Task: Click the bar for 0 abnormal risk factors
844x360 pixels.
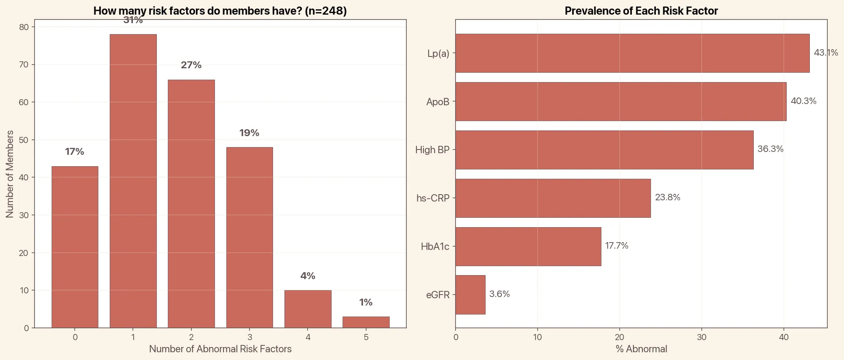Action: click(x=75, y=247)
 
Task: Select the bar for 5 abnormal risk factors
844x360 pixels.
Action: click(x=366, y=322)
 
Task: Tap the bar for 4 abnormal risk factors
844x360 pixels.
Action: click(x=308, y=309)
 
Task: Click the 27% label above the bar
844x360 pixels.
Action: click(x=191, y=65)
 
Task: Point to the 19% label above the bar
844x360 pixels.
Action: click(x=249, y=133)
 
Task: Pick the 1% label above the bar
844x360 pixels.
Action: click(x=366, y=302)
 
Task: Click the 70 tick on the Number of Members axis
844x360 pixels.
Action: click(x=24, y=65)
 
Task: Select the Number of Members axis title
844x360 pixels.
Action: click(x=10, y=174)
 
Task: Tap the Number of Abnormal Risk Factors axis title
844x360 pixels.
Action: click(x=220, y=349)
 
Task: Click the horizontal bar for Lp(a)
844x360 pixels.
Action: click(x=632, y=53)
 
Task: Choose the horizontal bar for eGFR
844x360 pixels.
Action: click(x=470, y=295)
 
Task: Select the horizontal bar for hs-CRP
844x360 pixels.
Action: click(x=553, y=198)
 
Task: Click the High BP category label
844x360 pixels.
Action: click(x=432, y=150)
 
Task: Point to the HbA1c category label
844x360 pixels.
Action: click(x=435, y=247)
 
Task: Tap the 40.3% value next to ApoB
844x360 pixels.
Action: click(x=803, y=101)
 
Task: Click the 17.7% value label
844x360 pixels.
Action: click(x=616, y=246)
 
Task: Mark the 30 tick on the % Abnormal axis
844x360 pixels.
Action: click(x=701, y=337)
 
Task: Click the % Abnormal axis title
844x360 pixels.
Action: click(x=641, y=349)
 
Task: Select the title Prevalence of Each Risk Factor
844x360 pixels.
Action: click(x=641, y=11)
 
